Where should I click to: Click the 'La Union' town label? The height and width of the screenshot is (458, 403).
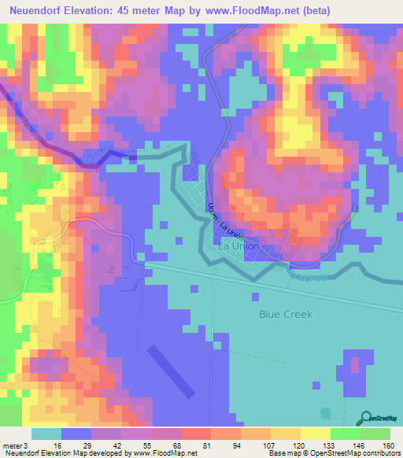(x=237, y=246)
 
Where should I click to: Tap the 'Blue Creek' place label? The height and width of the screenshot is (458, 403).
(x=286, y=314)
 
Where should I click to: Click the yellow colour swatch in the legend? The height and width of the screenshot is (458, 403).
(x=315, y=434)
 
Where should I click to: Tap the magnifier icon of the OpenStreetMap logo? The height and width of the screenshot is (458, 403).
(x=364, y=418)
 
